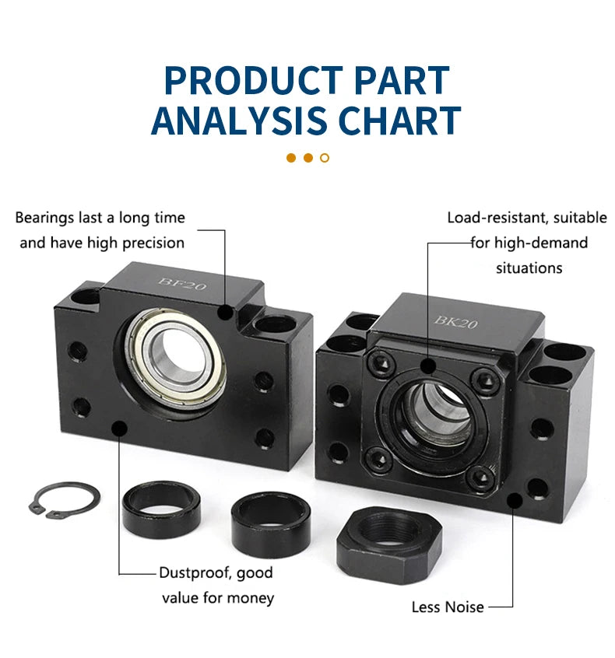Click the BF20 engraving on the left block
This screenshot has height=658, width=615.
tap(182, 284)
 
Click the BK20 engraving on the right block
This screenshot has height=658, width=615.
tap(455, 322)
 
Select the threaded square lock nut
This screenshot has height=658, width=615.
tap(389, 544)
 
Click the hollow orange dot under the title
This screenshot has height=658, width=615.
tap(325, 158)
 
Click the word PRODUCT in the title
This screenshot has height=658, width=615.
tap(253, 80)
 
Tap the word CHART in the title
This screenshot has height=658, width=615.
tap(399, 121)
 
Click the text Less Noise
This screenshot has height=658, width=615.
tap(448, 607)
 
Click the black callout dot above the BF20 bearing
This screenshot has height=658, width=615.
tap(226, 312)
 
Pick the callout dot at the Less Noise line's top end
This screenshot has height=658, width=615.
tap(514, 501)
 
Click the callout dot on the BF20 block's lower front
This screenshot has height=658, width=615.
tap(120, 428)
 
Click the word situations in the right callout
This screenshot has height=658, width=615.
tap(529, 268)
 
